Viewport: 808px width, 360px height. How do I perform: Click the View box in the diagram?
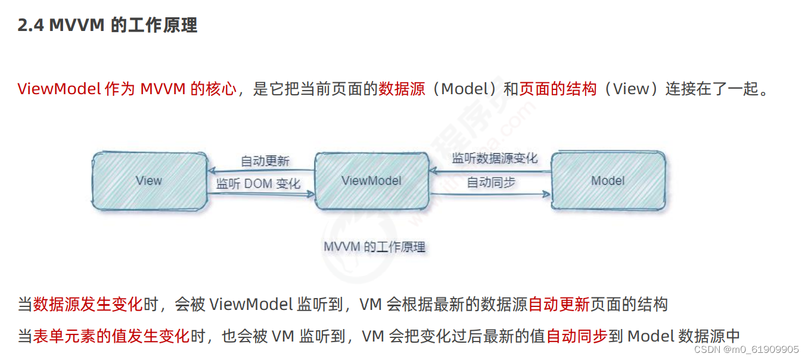[148, 181]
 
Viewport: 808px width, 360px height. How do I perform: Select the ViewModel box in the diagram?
[371, 181]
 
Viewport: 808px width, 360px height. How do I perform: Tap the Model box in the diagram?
[607, 181]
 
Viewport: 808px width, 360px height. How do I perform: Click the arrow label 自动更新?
[265, 161]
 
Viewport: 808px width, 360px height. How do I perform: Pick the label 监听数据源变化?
[494, 158]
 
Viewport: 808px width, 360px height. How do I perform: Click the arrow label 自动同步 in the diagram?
[490, 182]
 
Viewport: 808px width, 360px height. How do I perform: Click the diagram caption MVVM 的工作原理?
[374, 247]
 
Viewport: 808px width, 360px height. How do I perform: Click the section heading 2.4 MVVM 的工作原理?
[107, 26]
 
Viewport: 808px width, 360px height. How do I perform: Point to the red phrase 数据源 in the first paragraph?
[402, 89]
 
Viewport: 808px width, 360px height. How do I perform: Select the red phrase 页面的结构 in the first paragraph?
[558, 89]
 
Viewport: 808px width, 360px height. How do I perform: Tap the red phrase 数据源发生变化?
[88, 305]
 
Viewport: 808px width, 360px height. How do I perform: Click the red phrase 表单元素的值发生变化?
[111, 336]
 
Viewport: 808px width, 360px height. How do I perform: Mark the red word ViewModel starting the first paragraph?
[59, 89]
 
